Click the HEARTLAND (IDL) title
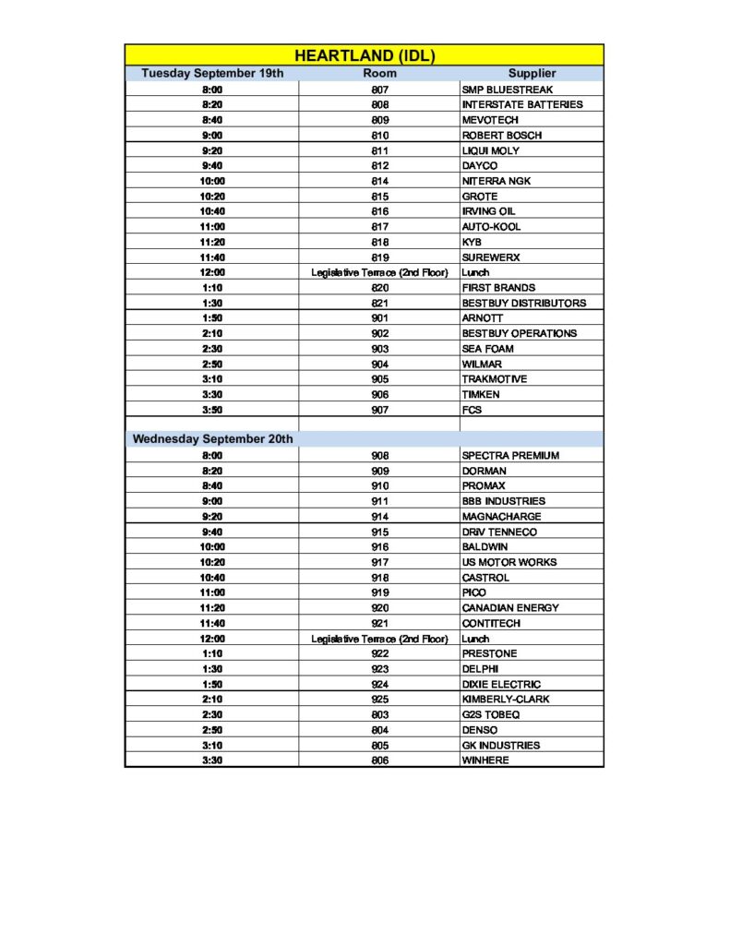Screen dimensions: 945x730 point(365,55)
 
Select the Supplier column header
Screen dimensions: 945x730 point(532,73)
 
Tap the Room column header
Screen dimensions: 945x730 point(379,73)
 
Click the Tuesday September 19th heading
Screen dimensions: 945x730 point(212,73)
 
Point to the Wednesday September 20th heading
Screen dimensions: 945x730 point(213,439)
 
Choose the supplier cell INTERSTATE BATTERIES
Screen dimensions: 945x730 point(522,104)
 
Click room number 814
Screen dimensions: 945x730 point(379,181)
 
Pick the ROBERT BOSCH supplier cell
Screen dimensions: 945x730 point(501,135)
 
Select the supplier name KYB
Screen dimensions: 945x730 point(472,242)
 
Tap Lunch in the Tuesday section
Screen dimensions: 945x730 point(475,272)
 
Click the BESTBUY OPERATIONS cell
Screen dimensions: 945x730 point(519,333)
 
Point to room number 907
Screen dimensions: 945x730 point(379,410)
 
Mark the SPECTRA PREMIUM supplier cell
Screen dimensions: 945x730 point(510,455)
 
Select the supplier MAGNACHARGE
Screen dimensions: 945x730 point(501,516)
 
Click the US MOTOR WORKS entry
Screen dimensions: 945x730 point(509,562)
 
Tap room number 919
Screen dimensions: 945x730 point(379,592)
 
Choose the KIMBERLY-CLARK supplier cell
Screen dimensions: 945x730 point(505,700)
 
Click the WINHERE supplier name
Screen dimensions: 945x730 point(485,760)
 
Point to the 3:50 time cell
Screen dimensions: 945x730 point(212,410)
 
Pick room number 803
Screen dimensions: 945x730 point(379,714)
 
